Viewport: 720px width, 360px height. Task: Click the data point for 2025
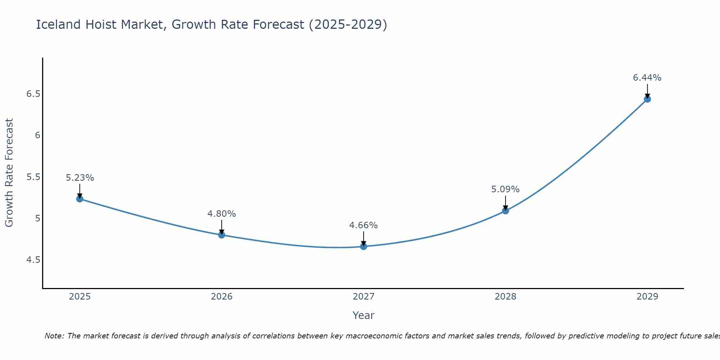pyautogui.click(x=80, y=199)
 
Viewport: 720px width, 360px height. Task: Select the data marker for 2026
pyautogui.click(x=221, y=235)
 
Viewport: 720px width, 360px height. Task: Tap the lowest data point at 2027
pyautogui.click(x=363, y=246)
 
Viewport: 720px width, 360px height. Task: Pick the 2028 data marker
pyautogui.click(x=505, y=211)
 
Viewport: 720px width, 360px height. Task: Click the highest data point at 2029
pyautogui.click(x=647, y=99)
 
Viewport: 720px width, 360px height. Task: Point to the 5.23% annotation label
pyautogui.click(x=80, y=177)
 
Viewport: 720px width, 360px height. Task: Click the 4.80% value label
pyautogui.click(x=221, y=213)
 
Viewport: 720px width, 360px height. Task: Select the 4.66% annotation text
pyautogui.click(x=363, y=225)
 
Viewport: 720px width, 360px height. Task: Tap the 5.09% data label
pyautogui.click(x=505, y=189)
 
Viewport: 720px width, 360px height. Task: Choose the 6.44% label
pyautogui.click(x=647, y=77)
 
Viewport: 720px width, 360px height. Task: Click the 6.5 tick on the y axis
pyautogui.click(x=33, y=94)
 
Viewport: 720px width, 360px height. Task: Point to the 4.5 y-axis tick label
pyautogui.click(x=33, y=260)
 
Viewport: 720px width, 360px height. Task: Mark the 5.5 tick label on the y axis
pyautogui.click(x=33, y=177)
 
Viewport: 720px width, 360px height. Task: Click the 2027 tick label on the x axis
pyautogui.click(x=363, y=296)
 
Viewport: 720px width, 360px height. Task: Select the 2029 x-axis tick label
pyautogui.click(x=647, y=296)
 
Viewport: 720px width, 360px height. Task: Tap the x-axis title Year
pyautogui.click(x=363, y=315)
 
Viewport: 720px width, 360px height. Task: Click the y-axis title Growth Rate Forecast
pyautogui.click(x=9, y=172)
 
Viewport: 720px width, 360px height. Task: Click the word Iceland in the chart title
pyautogui.click(x=58, y=24)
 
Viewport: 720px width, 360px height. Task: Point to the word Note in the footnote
pyautogui.click(x=54, y=336)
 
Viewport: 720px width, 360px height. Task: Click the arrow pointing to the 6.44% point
pyautogui.click(x=647, y=91)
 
